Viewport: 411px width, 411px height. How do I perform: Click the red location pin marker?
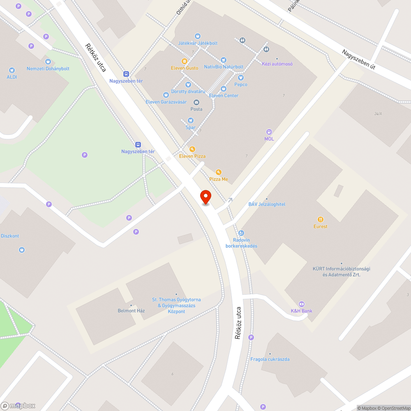pyautogui.click(x=205, y=196)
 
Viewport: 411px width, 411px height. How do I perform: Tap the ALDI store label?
pyautogui.click(x=12, y=77)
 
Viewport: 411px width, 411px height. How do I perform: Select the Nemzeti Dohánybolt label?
pyautogui.click(x=48, y=69)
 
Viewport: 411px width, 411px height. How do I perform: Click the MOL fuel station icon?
pyautogui.click(x=269, y=132)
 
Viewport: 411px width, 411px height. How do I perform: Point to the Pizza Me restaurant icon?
pyautogui.click(x=219, y=172)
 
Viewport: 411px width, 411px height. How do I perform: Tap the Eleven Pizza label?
pyautogui.click(x=192, y=156)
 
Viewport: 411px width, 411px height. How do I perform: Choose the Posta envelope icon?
pyautogui.click(x=196, y=102)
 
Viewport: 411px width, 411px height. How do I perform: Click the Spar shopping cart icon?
pyautogui.click(x=190, y=120)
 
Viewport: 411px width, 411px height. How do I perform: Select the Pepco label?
pyautogui.click(x=241, y=84)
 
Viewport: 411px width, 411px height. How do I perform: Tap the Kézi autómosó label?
pyautogui.click(x=277, y=64)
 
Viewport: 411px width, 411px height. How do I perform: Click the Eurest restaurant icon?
pyautogui.click(x=321, y=219)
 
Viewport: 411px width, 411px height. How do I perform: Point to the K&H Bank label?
pyautogui.click(x=301, y=311)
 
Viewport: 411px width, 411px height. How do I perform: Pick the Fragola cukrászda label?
pyautogui.click(x=270, y=359)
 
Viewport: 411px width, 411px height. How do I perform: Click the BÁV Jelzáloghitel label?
pyautogui.click(x=267, y=204)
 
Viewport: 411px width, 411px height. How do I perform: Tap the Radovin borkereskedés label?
pyautogui.click(x=241, y=243)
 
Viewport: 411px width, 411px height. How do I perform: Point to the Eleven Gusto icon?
pyautogui.click(x=185, y=61)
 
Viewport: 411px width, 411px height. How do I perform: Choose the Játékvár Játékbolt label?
pyautogui.click(x=198, y=43)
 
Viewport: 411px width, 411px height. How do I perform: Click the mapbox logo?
pyautogui.click(x=18, y=406)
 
